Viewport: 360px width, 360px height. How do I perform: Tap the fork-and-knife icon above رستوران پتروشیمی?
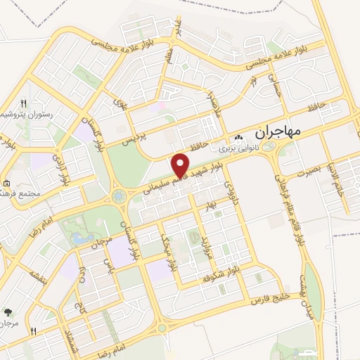(x=24, y=103)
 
